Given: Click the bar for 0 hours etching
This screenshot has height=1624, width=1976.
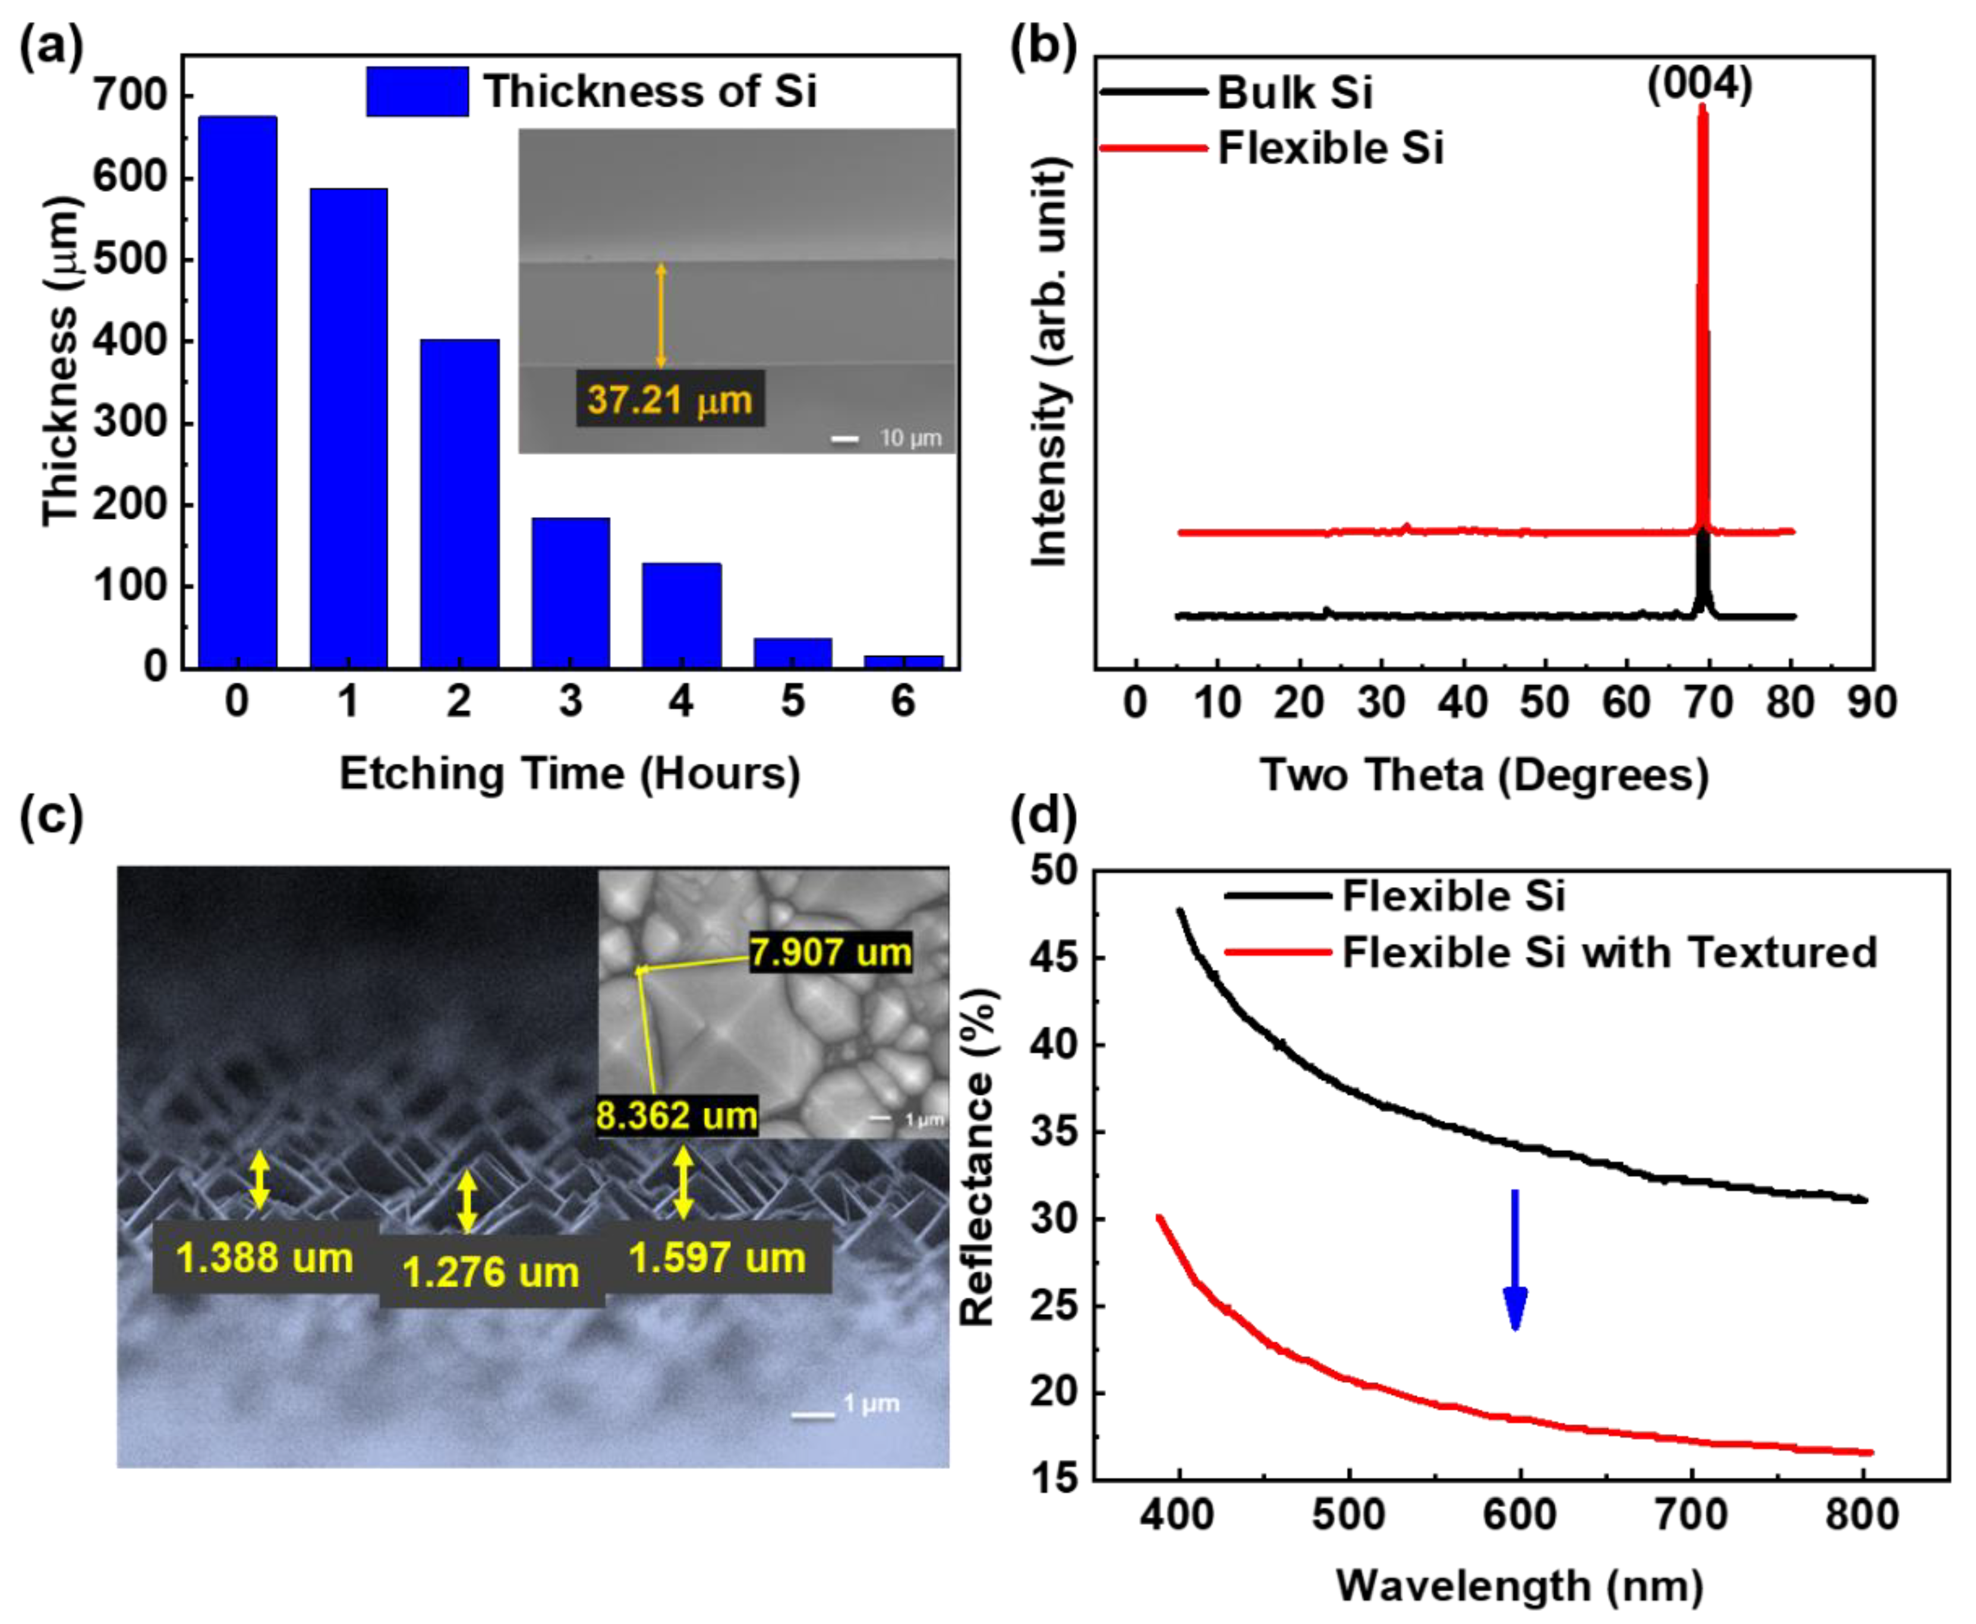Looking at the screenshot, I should (238, 393).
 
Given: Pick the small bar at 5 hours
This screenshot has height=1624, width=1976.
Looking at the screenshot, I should (792, 653).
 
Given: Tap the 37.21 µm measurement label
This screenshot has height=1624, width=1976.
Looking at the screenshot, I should (670, 399).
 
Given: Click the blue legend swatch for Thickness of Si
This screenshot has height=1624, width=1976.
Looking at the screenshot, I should (417, 92).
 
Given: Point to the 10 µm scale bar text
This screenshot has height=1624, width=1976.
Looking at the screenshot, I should (909, 438).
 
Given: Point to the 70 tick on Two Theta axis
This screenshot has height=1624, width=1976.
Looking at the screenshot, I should (1709, 702).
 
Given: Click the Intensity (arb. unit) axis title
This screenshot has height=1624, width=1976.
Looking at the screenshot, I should (1050, 363).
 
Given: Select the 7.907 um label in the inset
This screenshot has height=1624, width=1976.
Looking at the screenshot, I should (830, 953).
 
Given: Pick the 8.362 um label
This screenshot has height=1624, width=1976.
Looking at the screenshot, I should (676, 1116).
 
